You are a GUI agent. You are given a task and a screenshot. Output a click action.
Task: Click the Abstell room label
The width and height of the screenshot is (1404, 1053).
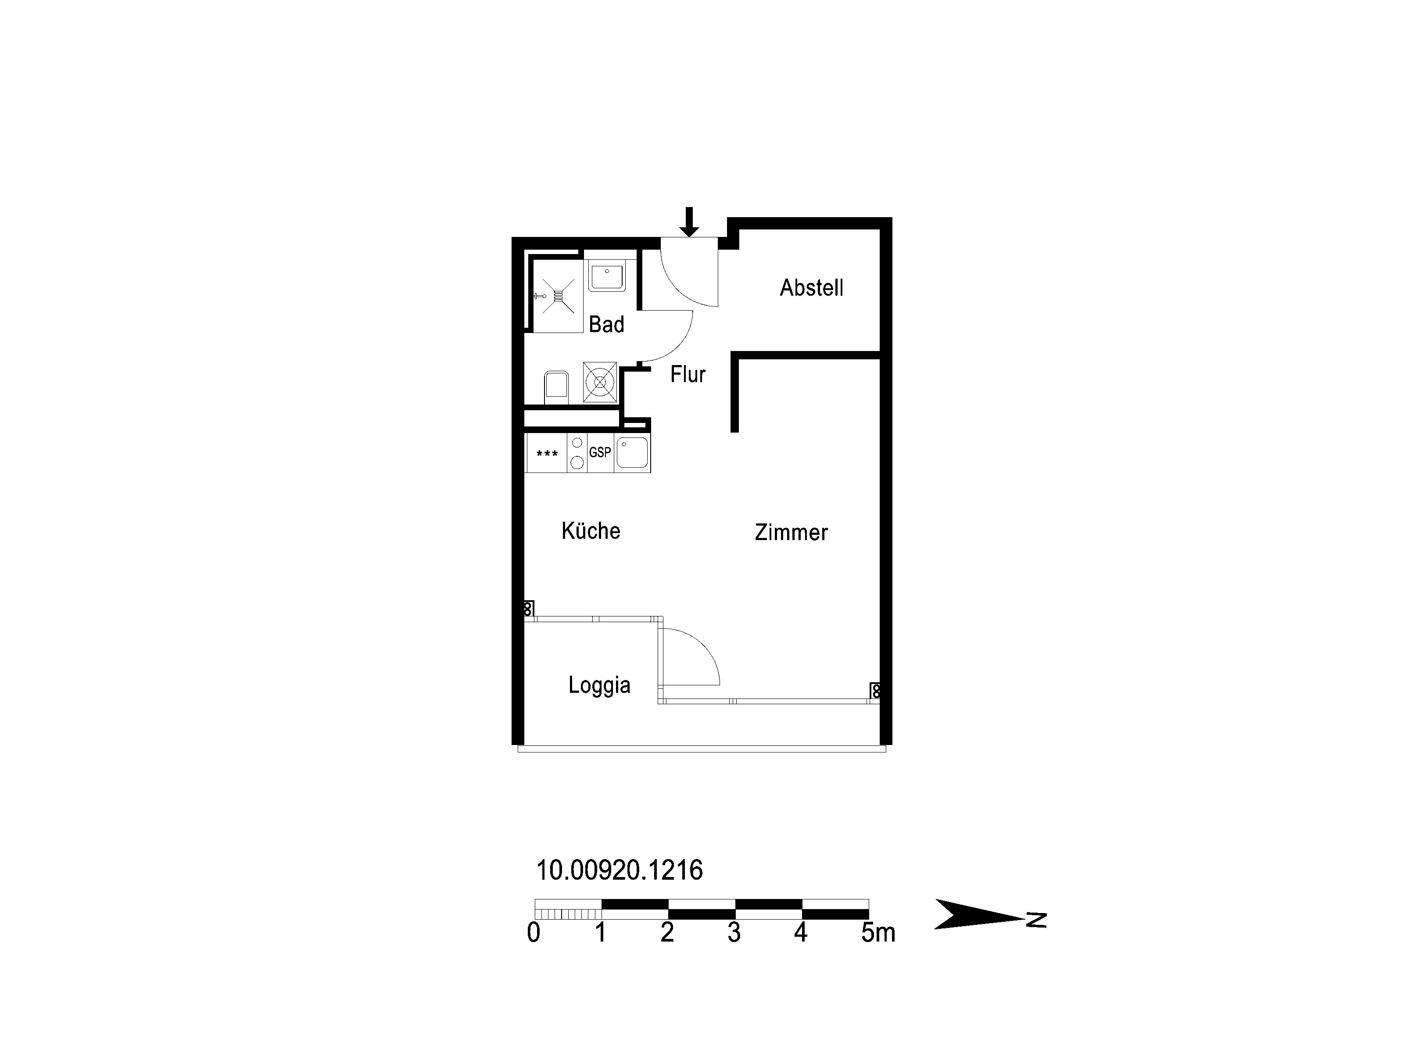tap(811, 287)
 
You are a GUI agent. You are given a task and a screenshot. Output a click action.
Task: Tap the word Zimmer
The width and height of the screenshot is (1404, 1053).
tap(791, 532)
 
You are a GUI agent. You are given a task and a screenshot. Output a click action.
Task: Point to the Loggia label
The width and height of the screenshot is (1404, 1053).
tap(599, 685)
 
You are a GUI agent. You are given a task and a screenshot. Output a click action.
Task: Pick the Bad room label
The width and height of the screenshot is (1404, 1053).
tap(606, 324)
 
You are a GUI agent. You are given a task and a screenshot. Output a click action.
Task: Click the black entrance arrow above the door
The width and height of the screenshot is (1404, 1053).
tap(689, 222)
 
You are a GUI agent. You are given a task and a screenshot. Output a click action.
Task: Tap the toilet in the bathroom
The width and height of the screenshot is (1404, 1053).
tap(556, 387)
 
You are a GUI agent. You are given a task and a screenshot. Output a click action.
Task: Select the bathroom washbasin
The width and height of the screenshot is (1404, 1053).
tap(607, 277)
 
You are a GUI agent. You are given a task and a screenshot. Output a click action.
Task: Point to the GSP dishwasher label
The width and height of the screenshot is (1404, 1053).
tap(600, 452)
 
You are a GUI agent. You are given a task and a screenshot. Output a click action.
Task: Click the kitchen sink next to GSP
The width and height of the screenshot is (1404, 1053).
tap(632, 452)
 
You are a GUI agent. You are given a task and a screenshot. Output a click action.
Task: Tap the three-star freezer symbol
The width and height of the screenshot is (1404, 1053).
tap(547, 454)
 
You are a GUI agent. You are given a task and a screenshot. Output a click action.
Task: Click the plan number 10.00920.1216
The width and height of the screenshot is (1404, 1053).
tap(620, 870)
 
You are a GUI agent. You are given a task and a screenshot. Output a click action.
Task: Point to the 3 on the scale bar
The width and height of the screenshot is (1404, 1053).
tap(734, 932)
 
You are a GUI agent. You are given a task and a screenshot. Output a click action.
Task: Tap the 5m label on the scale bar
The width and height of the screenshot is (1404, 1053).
tap(878, 932)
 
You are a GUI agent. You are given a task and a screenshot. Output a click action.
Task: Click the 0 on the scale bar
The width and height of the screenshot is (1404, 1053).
tap(534, 932)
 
